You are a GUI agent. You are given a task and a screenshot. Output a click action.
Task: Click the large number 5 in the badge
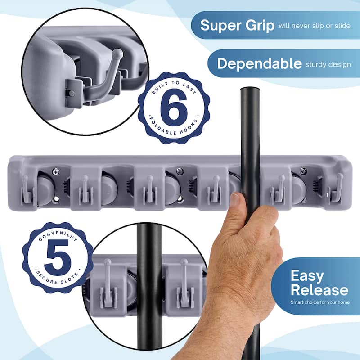pyautogui.click(x=58, y=258)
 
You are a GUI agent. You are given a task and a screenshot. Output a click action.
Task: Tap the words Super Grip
pyautogui.click(x=237, y=26)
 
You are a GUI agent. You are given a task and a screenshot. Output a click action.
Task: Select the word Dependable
pyautogui.click(x=260, y=63)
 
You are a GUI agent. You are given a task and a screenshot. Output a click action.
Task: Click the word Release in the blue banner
pyautogui.click(x=319, y=290)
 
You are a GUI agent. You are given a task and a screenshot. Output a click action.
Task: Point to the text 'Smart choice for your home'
pyautogui.click(x=320, y=302)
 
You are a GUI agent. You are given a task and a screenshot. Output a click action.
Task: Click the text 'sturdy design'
pyautogui.click(x=328, y=65)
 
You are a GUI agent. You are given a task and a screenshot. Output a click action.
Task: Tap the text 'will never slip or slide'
pyautogui.click(x=315, y=26)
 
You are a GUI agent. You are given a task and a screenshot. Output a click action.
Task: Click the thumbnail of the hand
pyautogui.click(x=235, y=199)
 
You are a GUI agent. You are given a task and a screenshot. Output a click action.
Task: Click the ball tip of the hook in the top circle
pyautogui.click(x=118, y=54)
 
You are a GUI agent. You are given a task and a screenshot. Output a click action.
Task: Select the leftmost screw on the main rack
pyautogui.click(x=55, y=171)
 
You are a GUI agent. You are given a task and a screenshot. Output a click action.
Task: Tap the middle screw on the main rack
pyautogui.click(x=180, y=171)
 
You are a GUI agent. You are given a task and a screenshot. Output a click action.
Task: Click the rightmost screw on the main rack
pyautogui.click(x=303, y=171)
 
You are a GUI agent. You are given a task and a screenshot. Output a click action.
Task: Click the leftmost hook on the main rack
pyautogui.click(x=27, y=190)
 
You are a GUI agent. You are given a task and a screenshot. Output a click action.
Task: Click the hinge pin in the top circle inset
pyautogui.click(x=72, y=94)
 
